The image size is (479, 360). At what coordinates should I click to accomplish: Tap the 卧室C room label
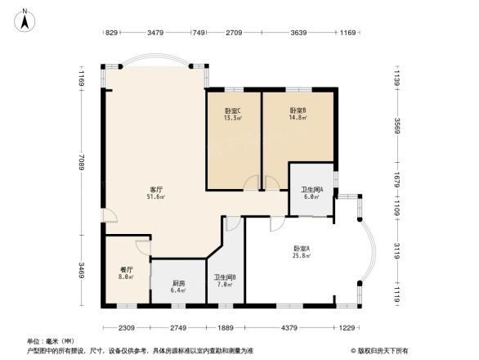(x=232, y=110)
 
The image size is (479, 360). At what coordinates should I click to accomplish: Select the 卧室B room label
(x=297, y=110)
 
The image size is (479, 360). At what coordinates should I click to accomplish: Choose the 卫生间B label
(x=225, y=277)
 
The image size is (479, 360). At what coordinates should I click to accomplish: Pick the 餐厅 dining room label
(x=127, y=269)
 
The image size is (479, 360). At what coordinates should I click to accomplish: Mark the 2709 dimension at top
(x=235, y=33)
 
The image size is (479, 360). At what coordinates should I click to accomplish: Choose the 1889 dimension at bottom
(x=226, y=328)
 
